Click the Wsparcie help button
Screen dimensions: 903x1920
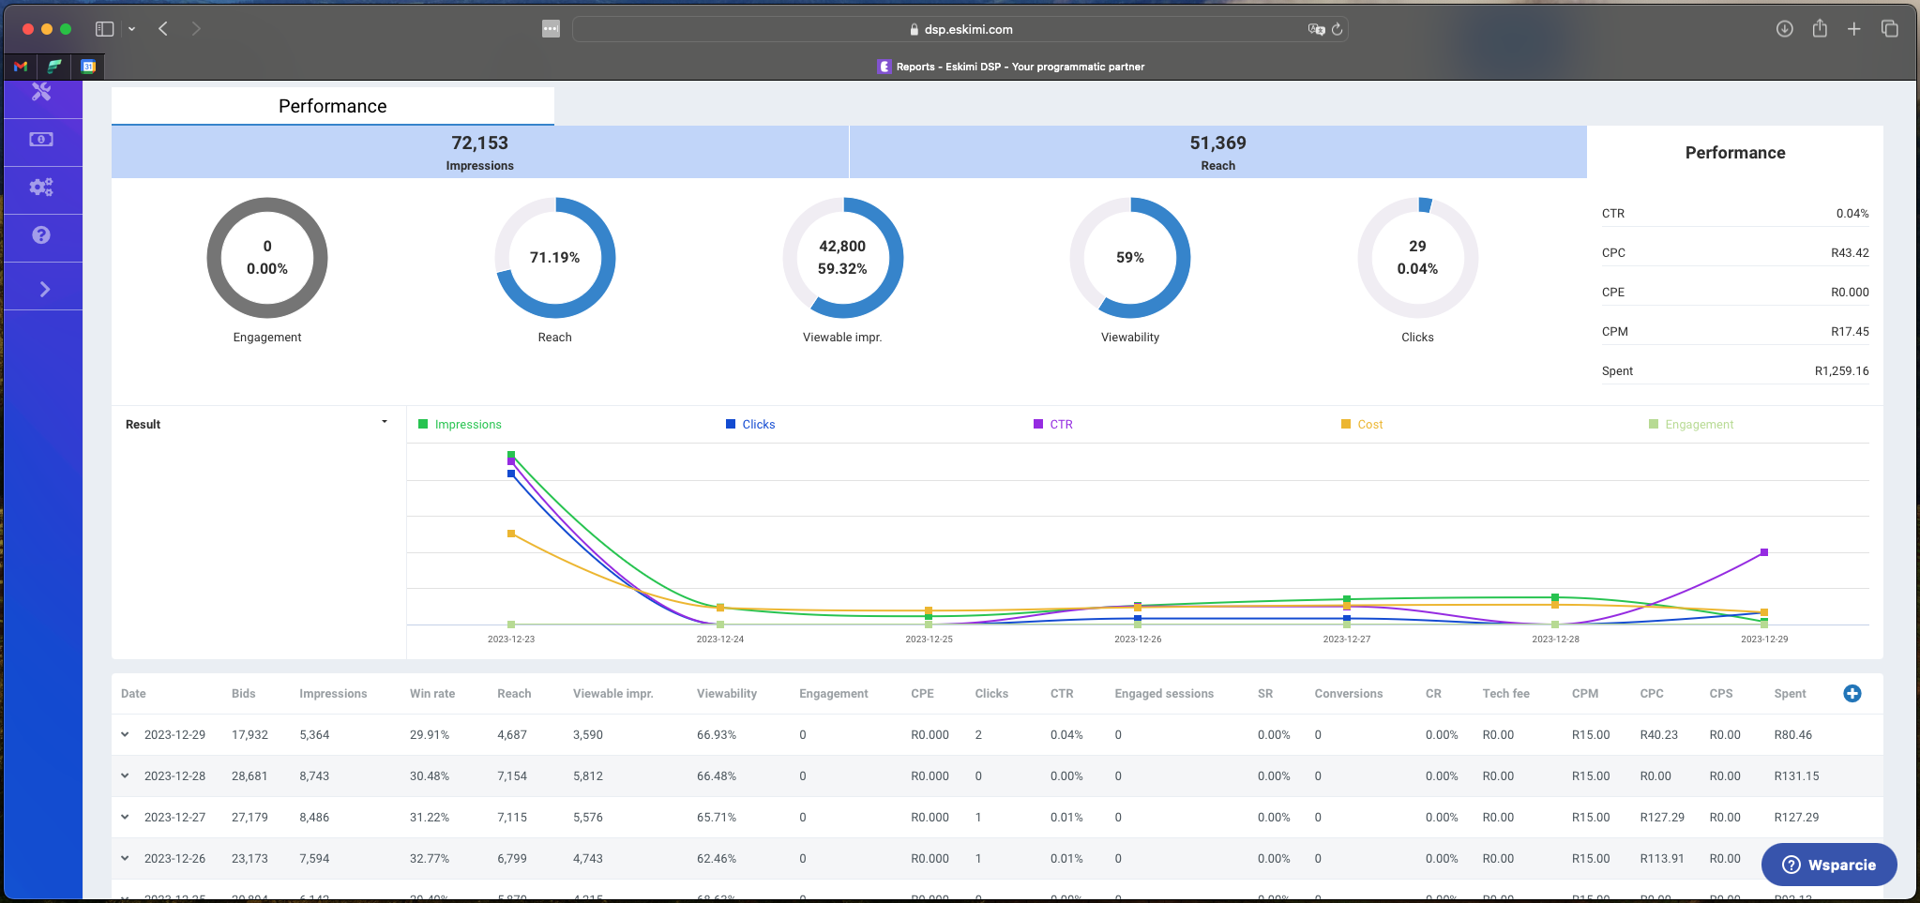tap(1829, 865)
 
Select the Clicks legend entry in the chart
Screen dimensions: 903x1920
tap(758, 425)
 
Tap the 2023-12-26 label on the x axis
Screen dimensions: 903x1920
tap(1137, 640)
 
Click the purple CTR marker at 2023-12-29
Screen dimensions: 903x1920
tap(1763, 552)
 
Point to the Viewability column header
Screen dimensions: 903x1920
tap(726, 694)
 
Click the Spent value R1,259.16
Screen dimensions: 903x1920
tap(1840, 371)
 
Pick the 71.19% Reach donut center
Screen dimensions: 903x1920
tap(554, 258)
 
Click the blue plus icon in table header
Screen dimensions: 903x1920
tap(1852, 694)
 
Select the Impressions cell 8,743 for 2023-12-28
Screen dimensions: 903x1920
tap(314, 776)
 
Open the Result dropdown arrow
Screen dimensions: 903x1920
tap(385, 423)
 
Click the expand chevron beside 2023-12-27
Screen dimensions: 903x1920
tap(125, 818)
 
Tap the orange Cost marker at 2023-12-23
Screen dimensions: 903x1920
tap(511, 534)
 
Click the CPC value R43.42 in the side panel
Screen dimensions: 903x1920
tap(1849, 253)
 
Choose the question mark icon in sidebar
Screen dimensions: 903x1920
tap(41, 235)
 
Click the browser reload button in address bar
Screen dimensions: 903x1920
tap(1338, 29)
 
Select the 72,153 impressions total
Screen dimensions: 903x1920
tap(479, 143)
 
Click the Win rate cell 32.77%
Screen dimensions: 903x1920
tap(429, 859)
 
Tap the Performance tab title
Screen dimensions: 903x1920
tap(332, 106)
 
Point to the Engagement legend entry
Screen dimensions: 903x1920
tap(1698, 425)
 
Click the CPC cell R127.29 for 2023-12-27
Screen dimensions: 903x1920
tap(1661, 818)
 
